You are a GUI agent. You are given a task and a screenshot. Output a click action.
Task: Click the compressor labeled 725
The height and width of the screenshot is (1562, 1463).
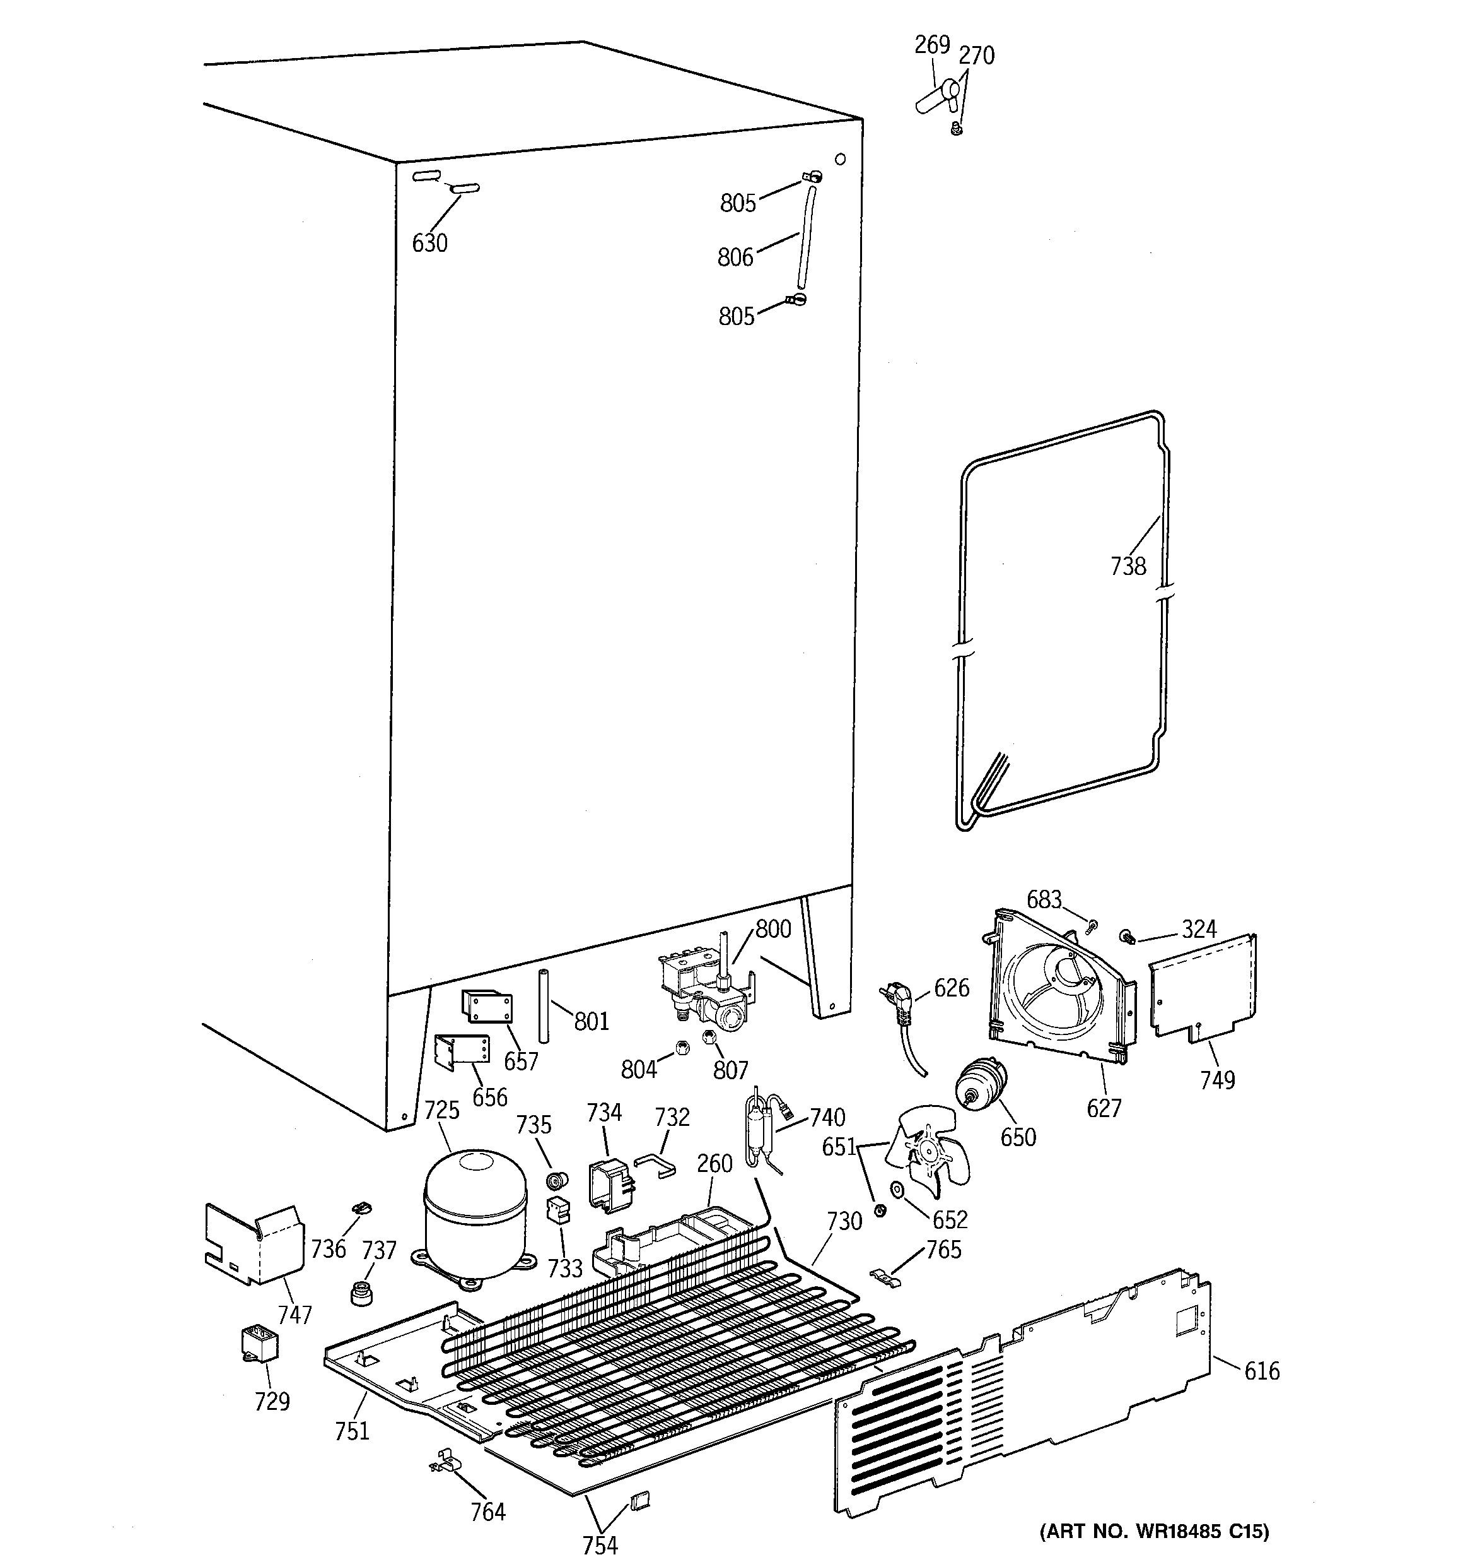coord(474,1209)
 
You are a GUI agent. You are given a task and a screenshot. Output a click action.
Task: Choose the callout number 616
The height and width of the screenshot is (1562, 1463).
coord(1261,1371)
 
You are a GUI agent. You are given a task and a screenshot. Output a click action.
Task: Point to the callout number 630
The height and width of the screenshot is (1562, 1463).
coord(429,244)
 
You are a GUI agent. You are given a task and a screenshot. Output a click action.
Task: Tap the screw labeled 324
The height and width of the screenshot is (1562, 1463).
coord(1129,935)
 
